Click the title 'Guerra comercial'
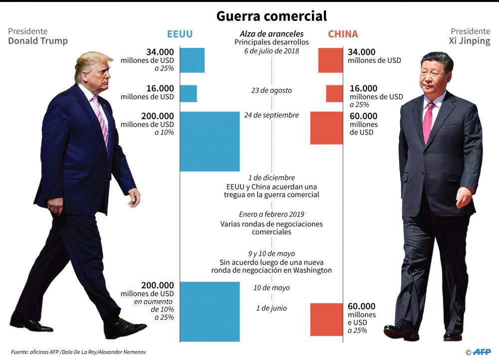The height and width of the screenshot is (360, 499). [x=271, y=16]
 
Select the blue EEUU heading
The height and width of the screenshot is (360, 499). [x=180, y=34]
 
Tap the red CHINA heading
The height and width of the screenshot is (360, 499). [x=343, y=34]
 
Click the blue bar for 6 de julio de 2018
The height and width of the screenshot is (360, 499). [x=192, y=60]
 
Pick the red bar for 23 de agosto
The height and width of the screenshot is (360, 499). [x=334, y=94]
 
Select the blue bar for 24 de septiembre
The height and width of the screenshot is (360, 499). [x=210, y=141]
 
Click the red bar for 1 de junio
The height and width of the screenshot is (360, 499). [x=326, y=319]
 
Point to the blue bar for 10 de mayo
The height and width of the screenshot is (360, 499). [x=210, y=312]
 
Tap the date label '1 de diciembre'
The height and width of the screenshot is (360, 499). [x=271, y=178]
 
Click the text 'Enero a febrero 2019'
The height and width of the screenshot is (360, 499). [x=271, y=214]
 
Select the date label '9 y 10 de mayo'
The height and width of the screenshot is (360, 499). [x=271, y=253]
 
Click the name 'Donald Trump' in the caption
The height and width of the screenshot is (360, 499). [x=38, y=41]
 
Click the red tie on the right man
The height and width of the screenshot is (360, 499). [x=428, y=122]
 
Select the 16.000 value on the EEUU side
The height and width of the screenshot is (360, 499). [x=160, y=88]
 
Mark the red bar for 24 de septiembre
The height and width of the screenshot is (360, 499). [x=326, y=128]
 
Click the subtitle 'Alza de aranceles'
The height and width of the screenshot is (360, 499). [x=271, y=34]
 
